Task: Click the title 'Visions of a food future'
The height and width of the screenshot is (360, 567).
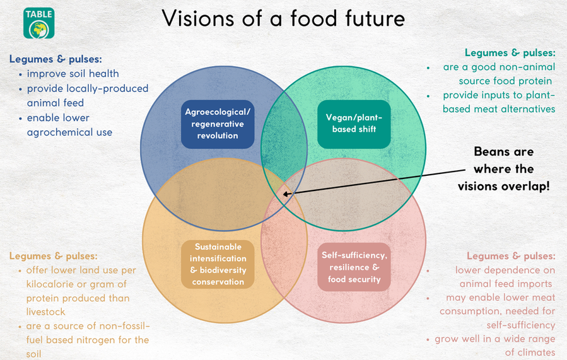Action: tap(283, 18)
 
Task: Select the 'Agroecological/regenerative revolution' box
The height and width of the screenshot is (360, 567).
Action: tap(218, 124)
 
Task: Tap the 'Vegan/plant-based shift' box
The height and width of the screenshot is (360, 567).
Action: tap(354, 124)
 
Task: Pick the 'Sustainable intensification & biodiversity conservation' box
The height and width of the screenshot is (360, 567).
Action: tap(218, 264)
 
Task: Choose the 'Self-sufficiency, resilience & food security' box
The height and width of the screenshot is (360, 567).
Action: tap(354, 267)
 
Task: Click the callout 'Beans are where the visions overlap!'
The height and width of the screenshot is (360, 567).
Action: tap(504, 169)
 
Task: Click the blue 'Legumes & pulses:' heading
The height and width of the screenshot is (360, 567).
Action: tap(56, 59)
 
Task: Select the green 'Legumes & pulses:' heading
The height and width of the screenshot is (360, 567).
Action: tap(510, 53)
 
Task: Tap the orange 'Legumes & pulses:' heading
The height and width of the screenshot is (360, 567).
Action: tap(53, 256)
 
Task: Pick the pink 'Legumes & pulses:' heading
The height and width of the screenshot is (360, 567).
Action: tap(511, 256)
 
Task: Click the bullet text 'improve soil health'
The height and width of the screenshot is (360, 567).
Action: tap(73, 74)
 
